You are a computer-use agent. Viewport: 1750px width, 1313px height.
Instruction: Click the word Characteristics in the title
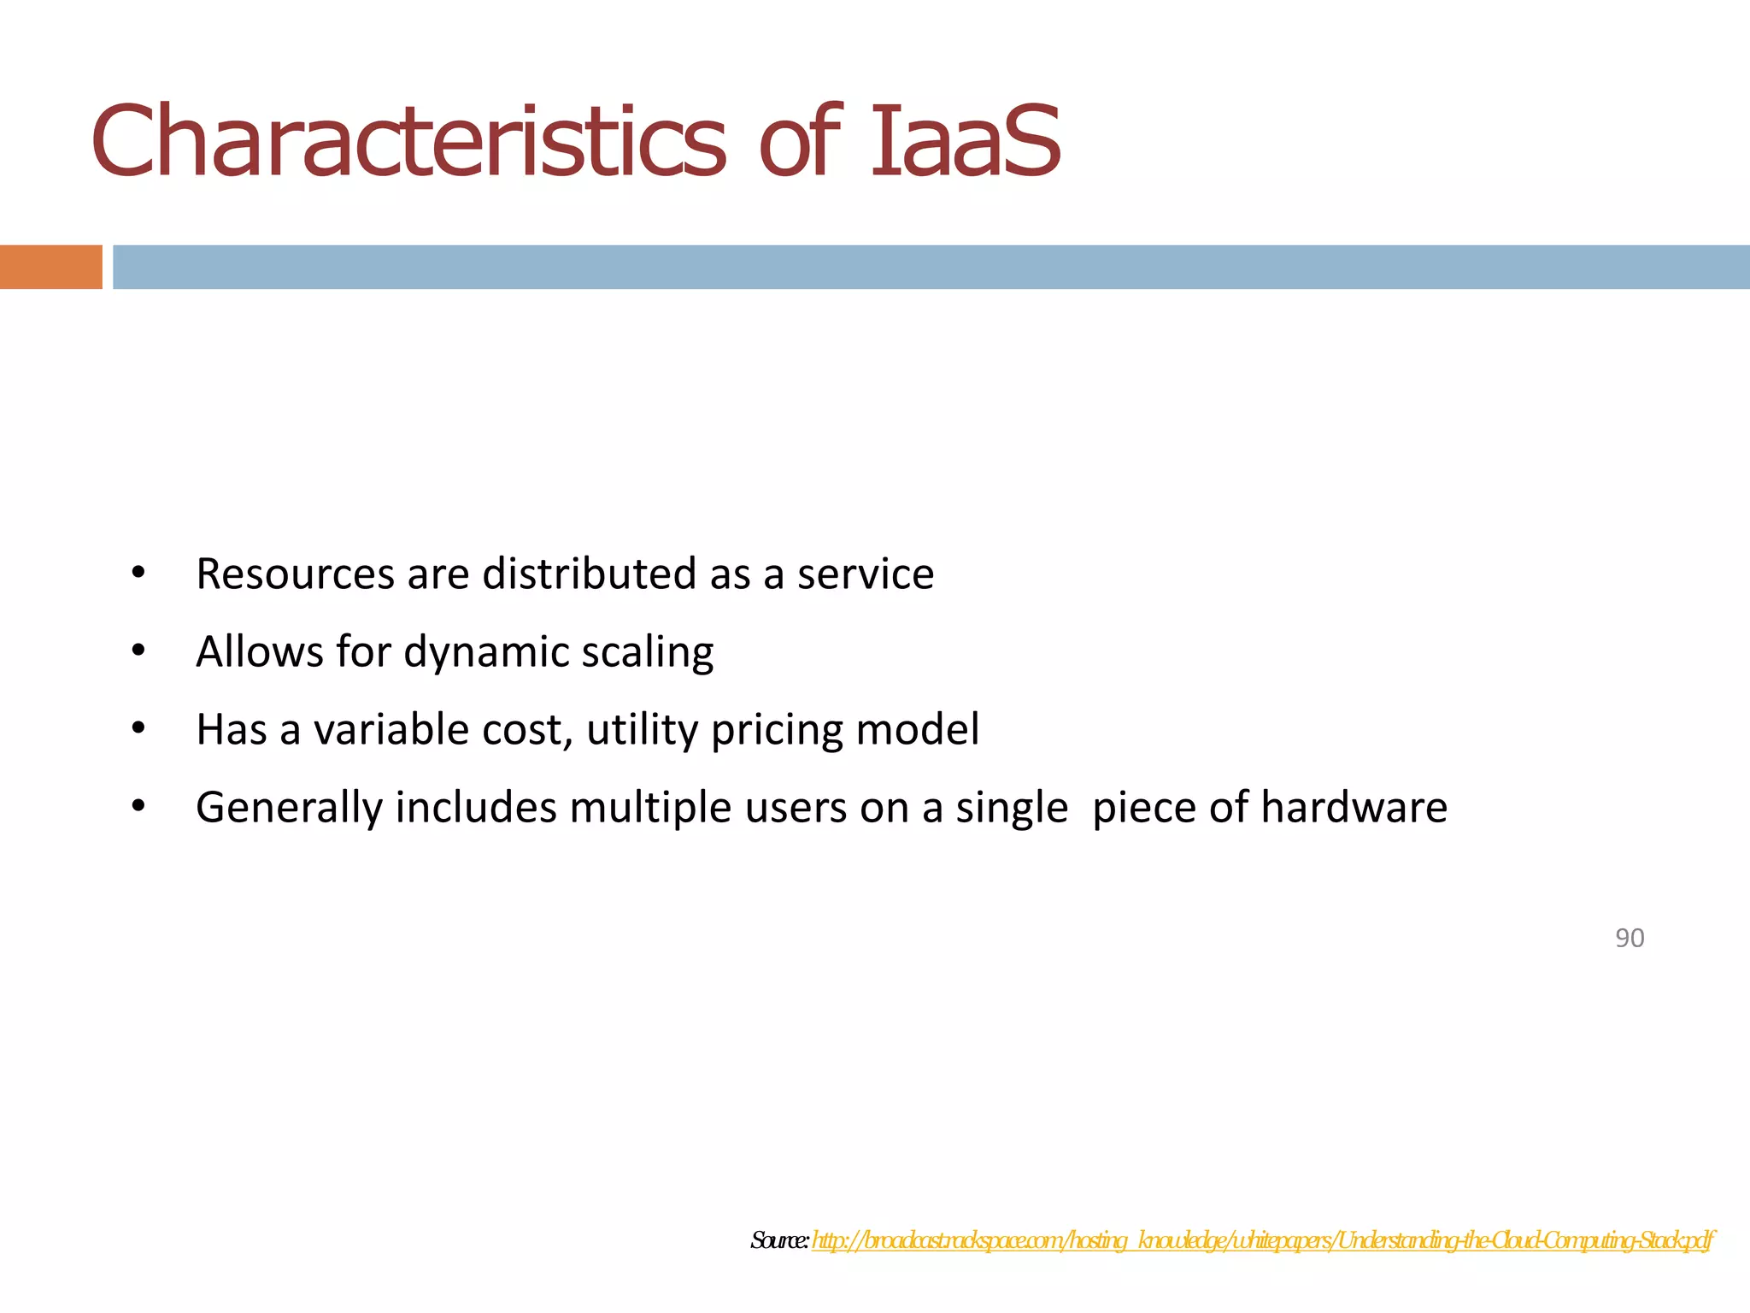[x=408, y=141]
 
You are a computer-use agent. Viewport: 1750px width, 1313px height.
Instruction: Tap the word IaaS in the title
[x=966, y=141]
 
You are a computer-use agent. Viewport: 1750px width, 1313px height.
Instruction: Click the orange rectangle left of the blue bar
[x=50, y=267]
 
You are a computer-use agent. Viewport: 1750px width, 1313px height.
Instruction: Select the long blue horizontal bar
[x=931, y=267]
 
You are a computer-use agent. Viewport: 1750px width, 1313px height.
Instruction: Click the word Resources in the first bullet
[x=295, y=574]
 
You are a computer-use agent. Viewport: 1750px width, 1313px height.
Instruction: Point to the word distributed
[x=590, y=574]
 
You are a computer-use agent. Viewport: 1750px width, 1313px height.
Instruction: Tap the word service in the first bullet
[x=866, y=574]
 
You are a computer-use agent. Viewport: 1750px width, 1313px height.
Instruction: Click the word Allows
[x=259, y=651]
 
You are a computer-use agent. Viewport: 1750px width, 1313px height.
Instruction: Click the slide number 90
[x=1630, y=938]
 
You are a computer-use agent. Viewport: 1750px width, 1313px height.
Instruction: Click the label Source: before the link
[x=779, y=1240]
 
